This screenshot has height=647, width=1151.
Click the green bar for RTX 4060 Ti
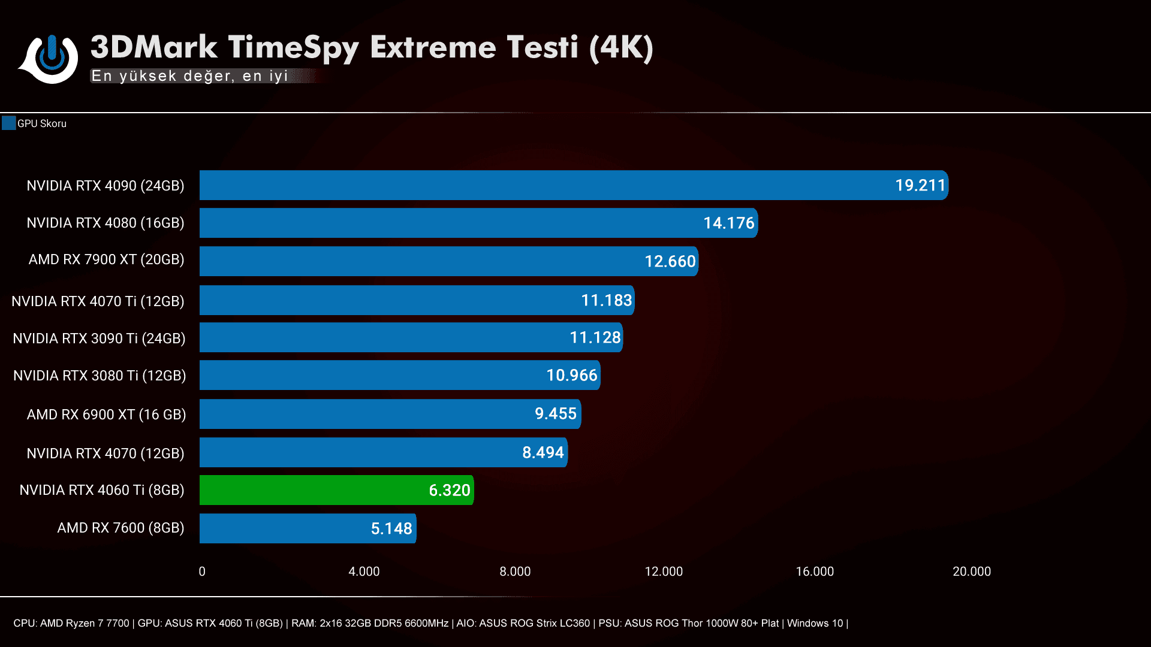(336, 490)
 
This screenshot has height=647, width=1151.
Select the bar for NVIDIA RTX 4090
(573, 185)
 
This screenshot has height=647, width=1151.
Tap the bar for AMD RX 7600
(307, 528)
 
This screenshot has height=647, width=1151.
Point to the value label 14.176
(728, 223)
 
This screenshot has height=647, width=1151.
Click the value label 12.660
(670, 261)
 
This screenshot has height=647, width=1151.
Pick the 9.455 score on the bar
(555, 414)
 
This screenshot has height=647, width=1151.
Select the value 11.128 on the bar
(595, 338)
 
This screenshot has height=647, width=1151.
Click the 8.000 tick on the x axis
(515, 572)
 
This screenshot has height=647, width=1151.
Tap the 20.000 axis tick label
(971, 572)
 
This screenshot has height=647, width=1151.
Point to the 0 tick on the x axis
(202, 572)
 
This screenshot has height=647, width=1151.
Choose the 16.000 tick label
(814, 572)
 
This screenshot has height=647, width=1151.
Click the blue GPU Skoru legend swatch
(8, 123)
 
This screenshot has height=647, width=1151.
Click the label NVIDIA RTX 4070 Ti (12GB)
(98, 301)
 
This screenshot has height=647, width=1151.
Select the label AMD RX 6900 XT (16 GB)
(106, 415)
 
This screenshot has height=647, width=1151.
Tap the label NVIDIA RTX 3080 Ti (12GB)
(100, 376)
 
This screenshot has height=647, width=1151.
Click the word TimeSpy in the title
(293, 48)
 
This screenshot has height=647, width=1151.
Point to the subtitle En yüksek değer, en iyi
(189, 76)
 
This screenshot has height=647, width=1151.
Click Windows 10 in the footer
(815, 623)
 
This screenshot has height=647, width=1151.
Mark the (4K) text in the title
(621, 48)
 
